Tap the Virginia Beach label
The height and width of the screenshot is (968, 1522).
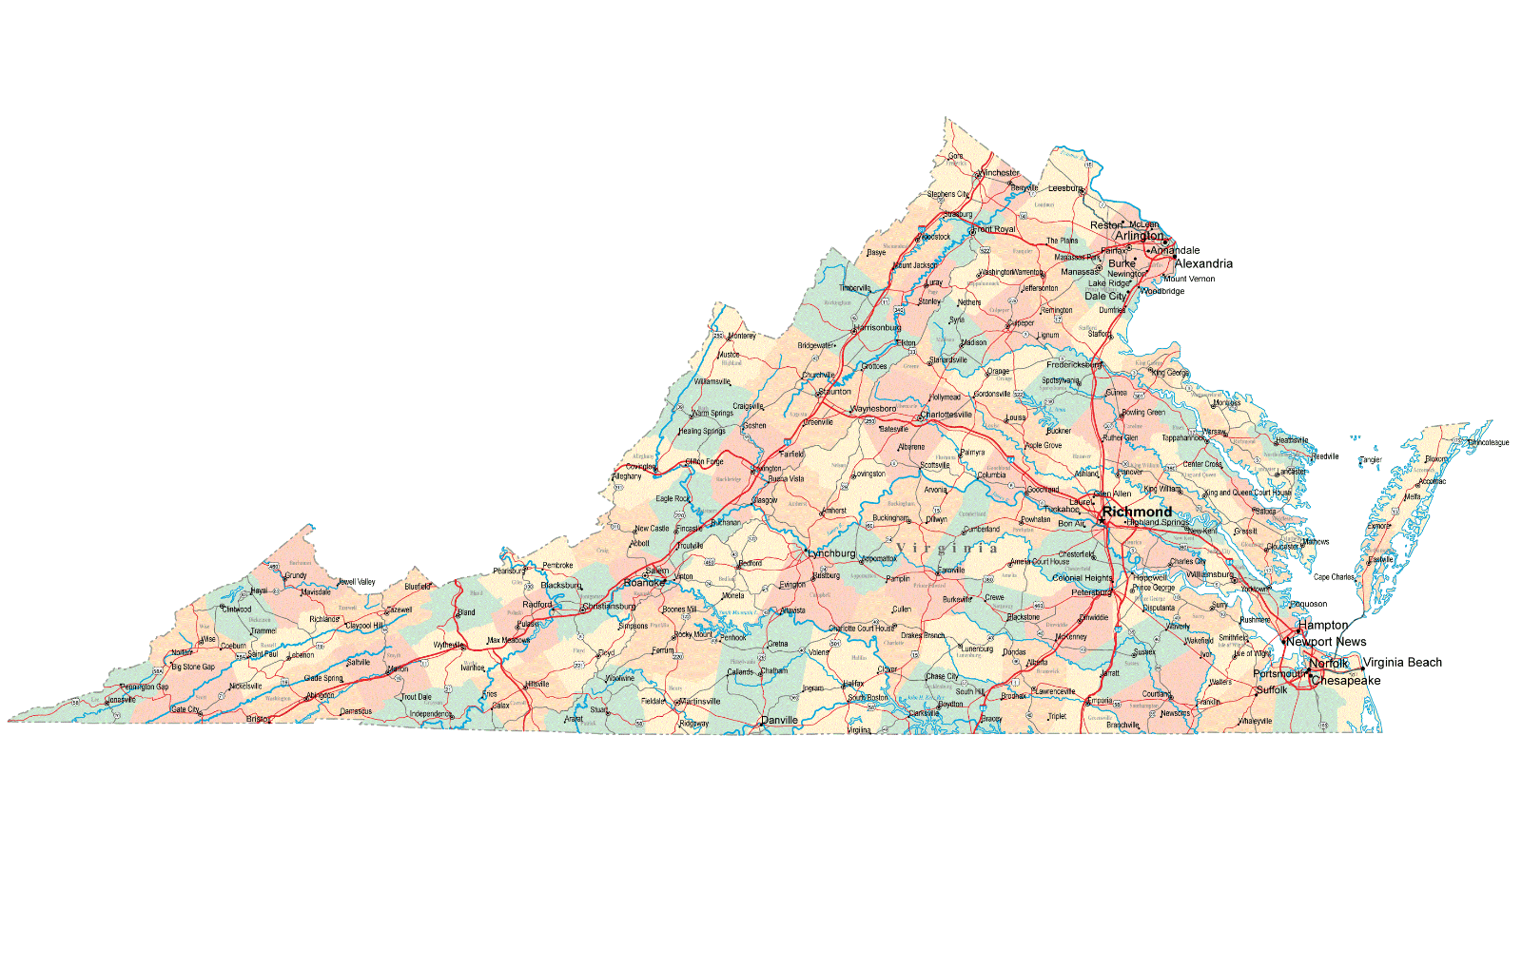1402,663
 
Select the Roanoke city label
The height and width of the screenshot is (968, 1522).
644,583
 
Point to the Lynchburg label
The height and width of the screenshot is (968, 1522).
831,553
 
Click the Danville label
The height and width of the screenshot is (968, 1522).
779,721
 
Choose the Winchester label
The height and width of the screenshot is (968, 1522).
1000,173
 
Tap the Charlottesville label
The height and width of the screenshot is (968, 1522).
947,415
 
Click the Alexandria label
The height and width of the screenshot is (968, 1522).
1203,264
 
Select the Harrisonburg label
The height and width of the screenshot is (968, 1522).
878,328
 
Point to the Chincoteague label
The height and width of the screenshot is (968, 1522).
1489,442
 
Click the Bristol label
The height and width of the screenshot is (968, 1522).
258,720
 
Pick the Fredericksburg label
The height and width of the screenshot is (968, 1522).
1074,365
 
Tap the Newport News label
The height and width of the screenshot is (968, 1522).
1326,642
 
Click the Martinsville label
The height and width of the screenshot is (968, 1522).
700,702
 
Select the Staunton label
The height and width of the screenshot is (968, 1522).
835,392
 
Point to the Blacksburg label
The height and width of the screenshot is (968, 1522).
560,586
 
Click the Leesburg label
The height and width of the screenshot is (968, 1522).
1065,188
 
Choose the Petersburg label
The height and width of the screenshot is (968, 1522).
1091,592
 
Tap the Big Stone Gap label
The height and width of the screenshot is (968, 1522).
193,668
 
